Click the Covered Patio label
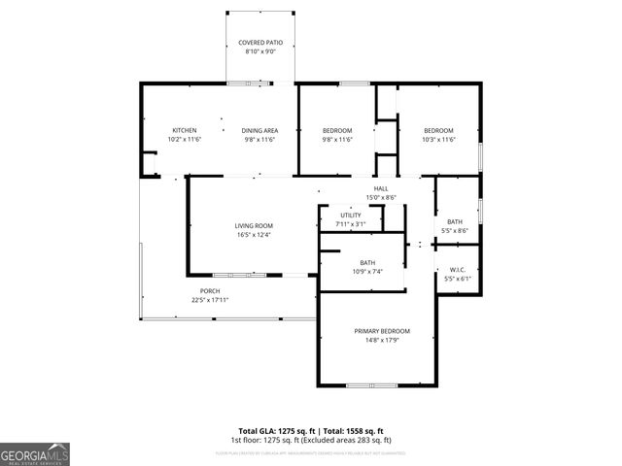(260, 43)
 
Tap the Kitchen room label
(185, 130)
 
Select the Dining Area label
(260, 130)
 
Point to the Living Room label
(253, 225)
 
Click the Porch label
(210, 291)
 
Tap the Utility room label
(350, 216)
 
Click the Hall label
(381, 188)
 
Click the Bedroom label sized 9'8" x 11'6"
(337, 130)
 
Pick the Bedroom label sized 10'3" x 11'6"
(438, 130)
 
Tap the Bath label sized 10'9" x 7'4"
(367, 262)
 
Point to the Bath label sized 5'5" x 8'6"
(455, 221)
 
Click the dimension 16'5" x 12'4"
(253, 234)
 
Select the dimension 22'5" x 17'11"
(210, 300)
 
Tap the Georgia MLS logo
(35, 453)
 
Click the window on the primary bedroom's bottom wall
(372, 385)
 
